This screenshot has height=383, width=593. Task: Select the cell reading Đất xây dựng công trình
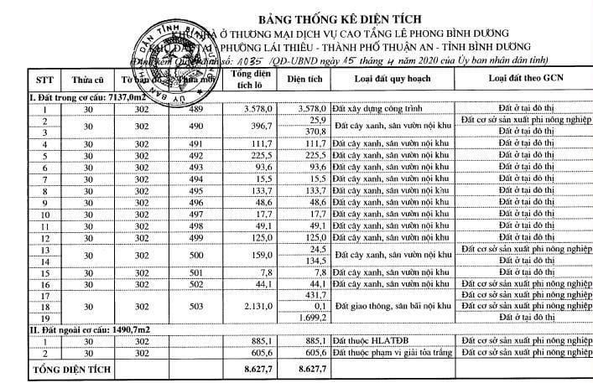coord(372,110)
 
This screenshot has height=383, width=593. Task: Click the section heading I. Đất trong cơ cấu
coord(79,98)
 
